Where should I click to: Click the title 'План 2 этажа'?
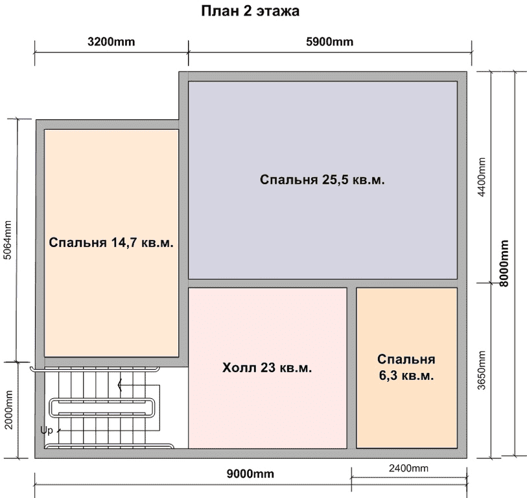pos(250,11)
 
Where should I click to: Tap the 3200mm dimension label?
pos(111,41)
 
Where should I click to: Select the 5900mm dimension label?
pos(330,41)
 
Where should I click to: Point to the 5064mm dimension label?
pos(7,240)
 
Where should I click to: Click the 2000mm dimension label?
pos(8,410)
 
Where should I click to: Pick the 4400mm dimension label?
pos(482,177)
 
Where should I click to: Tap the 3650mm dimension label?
pos(482,370)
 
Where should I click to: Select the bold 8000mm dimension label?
pos(504,263)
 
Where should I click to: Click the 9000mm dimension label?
pos(250,474)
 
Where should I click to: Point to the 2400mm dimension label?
pos(408,468)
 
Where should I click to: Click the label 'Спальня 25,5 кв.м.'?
pos(322,180)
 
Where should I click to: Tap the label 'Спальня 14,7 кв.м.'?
pos(111,243)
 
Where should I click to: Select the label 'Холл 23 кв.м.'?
pos(267,368)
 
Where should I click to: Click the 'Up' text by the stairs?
pos(47,431)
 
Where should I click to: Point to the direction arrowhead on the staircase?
pos(120,385)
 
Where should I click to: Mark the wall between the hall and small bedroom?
pos(351,368)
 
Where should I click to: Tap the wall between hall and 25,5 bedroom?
pos(268,283)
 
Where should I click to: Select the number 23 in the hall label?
pos(268,368)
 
